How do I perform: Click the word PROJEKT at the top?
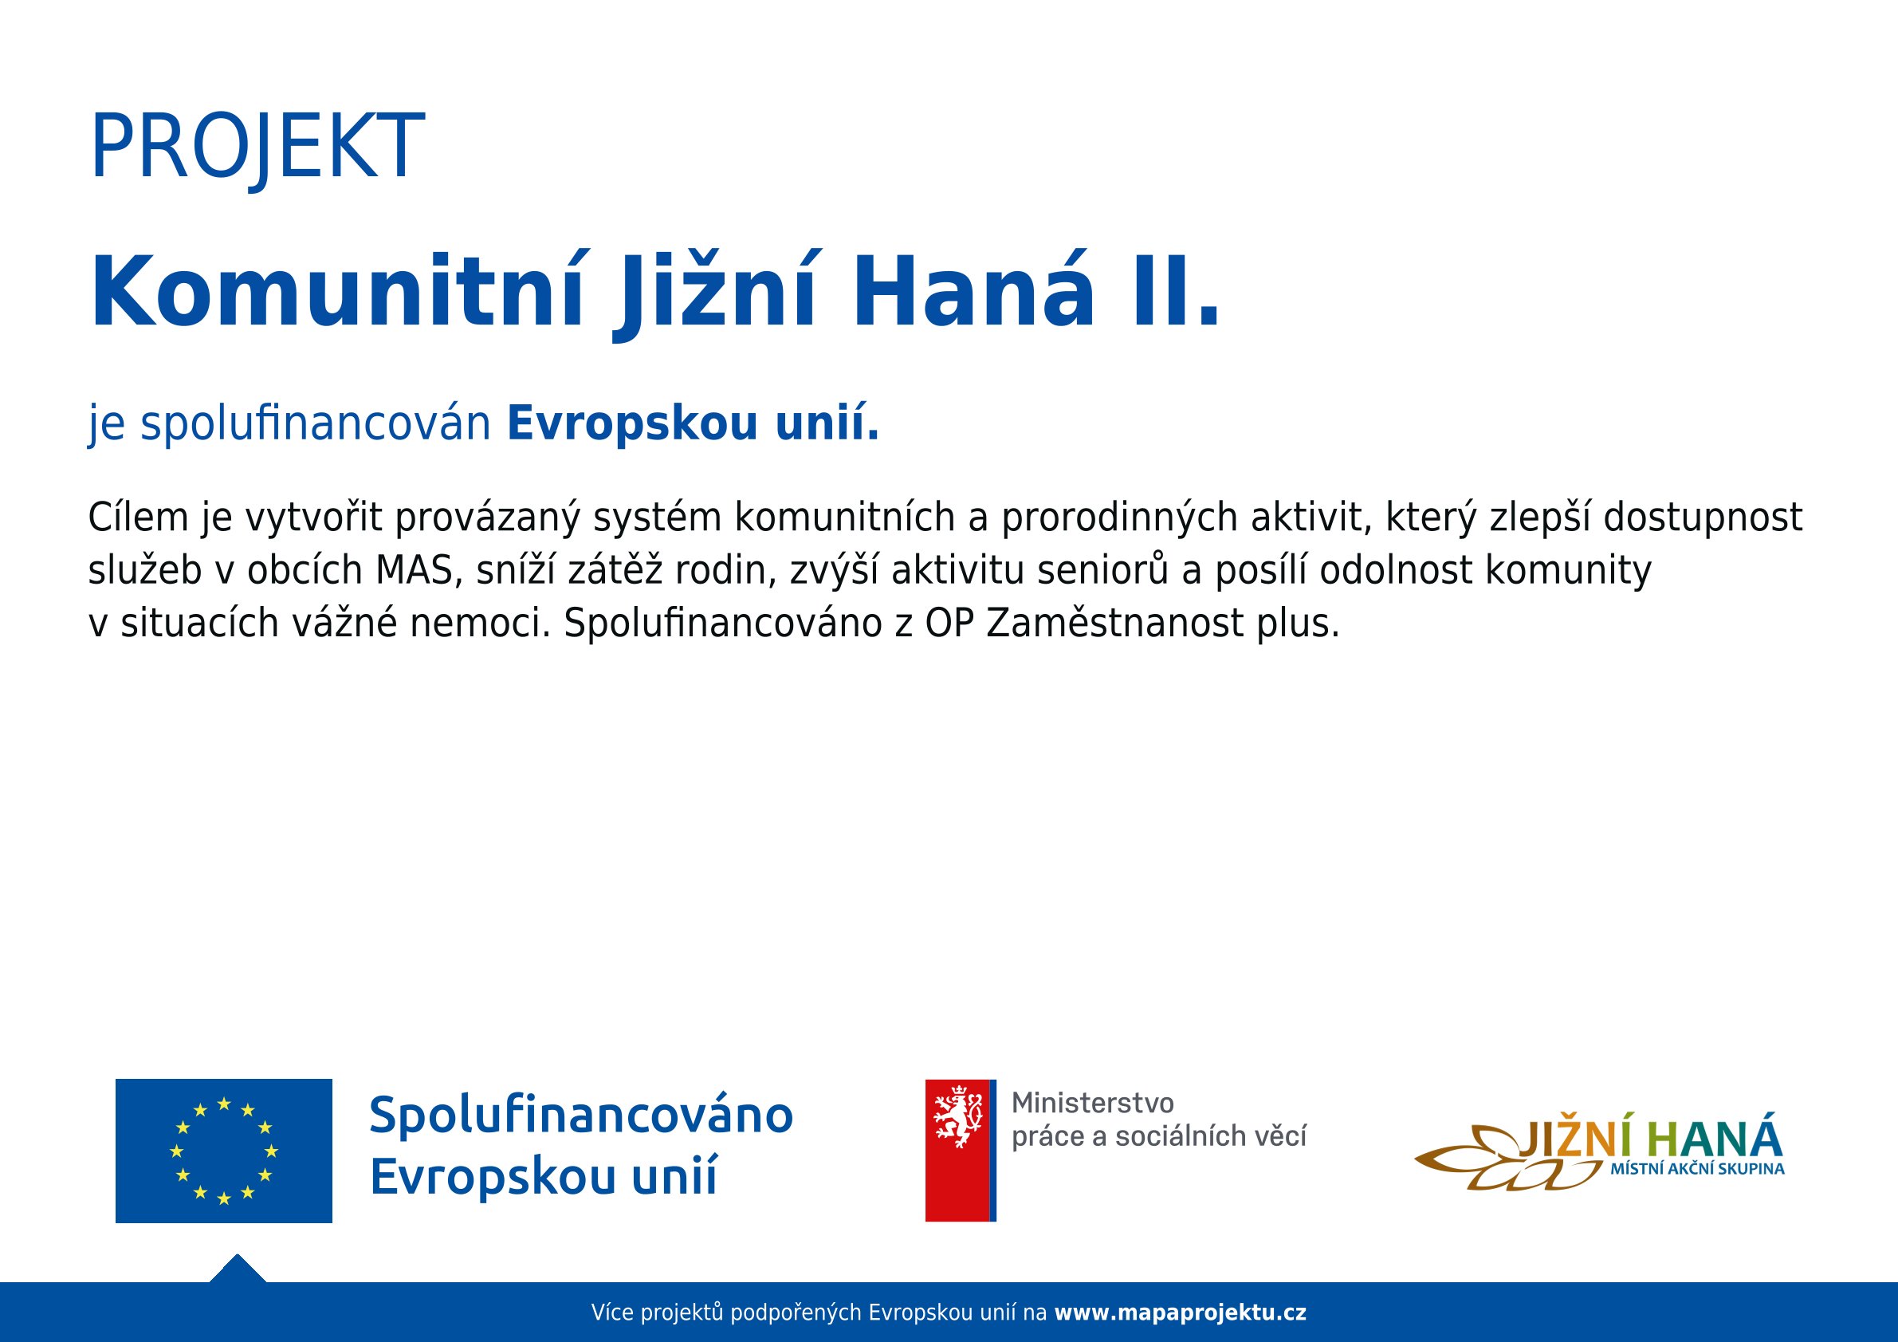tap(257, 148)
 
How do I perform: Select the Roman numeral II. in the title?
tap(1174, 293)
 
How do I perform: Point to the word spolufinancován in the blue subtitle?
tap(316, 424)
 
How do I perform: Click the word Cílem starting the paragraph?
tap(138, 518)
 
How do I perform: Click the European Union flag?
tap(224, 1150)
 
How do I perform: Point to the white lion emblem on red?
tap(958, 1118)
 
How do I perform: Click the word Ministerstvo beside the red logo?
tap(1093, 1103)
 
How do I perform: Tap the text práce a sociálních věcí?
tap(1159, 1137)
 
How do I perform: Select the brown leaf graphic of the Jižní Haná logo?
tap(1496, 1159)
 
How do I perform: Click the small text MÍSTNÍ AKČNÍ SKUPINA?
tap(1697, 1169)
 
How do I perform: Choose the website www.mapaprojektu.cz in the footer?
tap(1181, 1312)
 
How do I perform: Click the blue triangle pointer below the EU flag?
tap(238, 1269)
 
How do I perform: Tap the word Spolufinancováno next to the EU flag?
tap(581, 1116)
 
